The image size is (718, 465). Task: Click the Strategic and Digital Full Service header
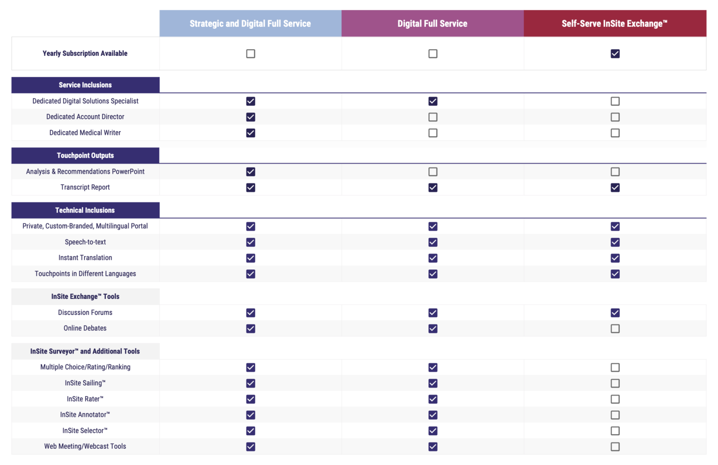[250, 23]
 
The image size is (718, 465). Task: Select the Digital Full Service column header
[432, 23]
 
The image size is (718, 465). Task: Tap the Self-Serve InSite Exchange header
[615, 23]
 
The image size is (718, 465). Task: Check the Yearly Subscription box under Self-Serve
[615, 54]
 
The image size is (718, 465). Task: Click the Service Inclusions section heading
[85, 85]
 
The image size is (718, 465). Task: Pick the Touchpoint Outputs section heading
[85, 155]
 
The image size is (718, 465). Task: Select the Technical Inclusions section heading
[85, 210]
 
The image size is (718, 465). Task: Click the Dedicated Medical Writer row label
[85, 133]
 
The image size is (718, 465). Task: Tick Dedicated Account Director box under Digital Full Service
[433, 117]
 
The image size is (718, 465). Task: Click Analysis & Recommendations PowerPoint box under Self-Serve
[615, 172]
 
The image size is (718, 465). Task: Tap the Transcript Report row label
[85, 187]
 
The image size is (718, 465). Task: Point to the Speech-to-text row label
[85, 242]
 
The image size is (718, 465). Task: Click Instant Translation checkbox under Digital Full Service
[433, 258]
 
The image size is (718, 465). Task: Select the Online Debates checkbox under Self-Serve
[615, 329]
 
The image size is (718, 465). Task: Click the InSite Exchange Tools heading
[85, 297]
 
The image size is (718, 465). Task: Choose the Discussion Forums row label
[85, 312]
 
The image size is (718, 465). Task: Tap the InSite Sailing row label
[85, 383]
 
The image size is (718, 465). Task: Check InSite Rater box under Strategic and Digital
[250, 399]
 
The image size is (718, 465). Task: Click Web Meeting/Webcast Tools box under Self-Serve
[615, 446]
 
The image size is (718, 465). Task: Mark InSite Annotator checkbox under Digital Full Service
[433, 415]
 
